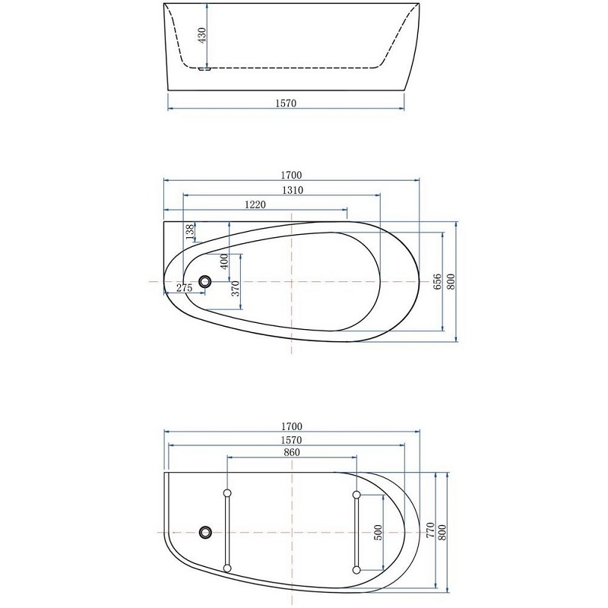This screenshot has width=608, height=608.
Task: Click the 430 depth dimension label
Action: (202, 35)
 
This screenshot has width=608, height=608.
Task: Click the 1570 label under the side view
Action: (286, 103)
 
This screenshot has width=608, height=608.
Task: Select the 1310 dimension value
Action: (293, 190)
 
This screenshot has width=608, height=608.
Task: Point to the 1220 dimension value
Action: (255, 204)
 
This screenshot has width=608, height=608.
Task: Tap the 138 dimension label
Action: (190, 232)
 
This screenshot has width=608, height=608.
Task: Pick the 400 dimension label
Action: (224, 261)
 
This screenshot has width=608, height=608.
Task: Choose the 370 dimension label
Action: (236, 289)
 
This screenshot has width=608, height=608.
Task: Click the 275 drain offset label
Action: (184, 288)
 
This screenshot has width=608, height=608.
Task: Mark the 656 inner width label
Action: (437, 282)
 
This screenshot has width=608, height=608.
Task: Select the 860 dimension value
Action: (292, 452)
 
